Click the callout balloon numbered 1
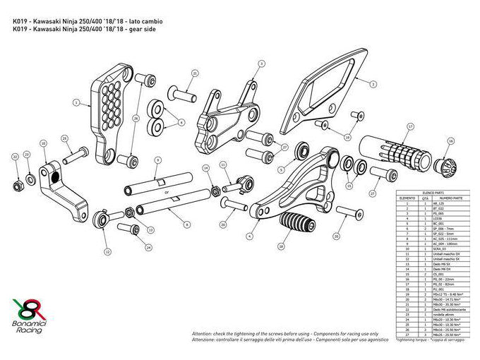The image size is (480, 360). [x=76, y=102]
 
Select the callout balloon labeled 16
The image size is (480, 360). [x=451, y=142]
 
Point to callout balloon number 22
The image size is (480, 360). [x=15, y=156]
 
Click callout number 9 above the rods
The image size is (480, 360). [x=159, y=160]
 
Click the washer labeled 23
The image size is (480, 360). [x=30, y=176]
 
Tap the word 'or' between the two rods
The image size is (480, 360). [x=166, y=191]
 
